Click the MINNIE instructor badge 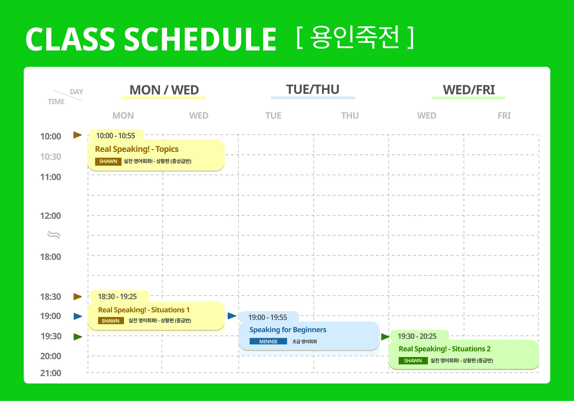(x=268, y=341)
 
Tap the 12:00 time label (x=51, y=216)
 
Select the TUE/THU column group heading (x=313, y=89)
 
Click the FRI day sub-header (x=504, y=116)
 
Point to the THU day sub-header (x=350, y=116)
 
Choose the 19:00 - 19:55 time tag (x=267, y=317)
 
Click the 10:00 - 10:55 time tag (x=115, y=136)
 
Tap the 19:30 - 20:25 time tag (x=417, y=336)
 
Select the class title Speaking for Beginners (x=288, y=330)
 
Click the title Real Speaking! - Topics (x=137, y=149)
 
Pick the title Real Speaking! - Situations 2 (x=445, y=349)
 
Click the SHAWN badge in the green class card (x=413, y=361)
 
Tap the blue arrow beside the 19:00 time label (x=78, y=316)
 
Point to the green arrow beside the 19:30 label (x=78, y=337)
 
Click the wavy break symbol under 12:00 (x=54, y=235)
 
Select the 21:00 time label (x=51, y=373)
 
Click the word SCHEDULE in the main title (x=200, y=39)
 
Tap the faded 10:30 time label (x=51, y=157)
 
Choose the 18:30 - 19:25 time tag (x=117, y=297)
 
